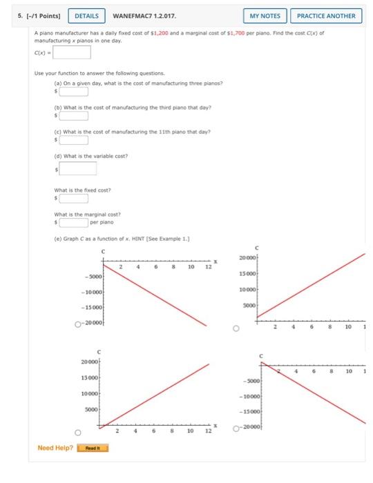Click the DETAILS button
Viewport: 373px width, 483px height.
86,15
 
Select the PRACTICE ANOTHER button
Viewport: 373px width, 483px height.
326,15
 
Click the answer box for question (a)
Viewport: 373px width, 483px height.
73,90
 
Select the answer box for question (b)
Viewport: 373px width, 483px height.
73,115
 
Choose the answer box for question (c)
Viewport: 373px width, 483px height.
73,140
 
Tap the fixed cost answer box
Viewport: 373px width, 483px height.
73,198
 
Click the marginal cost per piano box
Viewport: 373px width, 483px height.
73,222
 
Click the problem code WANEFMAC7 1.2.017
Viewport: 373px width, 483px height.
145,15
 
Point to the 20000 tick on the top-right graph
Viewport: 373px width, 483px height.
247,257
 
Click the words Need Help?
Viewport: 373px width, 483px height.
55,448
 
